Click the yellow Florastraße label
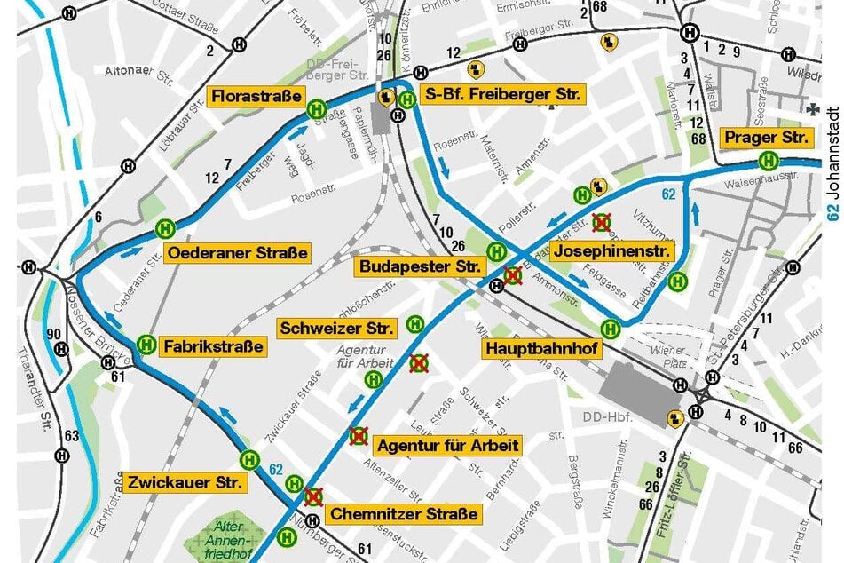click(255, 96)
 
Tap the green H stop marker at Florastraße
click(316, 110)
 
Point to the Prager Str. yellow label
click(767, 138)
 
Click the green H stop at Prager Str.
click(768, 162)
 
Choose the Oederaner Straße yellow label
click(237, 252)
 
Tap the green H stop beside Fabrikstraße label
click(147, 345)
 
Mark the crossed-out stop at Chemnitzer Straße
click(312, 496)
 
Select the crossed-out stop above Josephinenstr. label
click(602, 221)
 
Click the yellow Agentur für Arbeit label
click(447, 444)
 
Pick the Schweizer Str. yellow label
click(336, 329)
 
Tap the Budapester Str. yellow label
click(420, 266)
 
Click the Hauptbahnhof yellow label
click(542, 349)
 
